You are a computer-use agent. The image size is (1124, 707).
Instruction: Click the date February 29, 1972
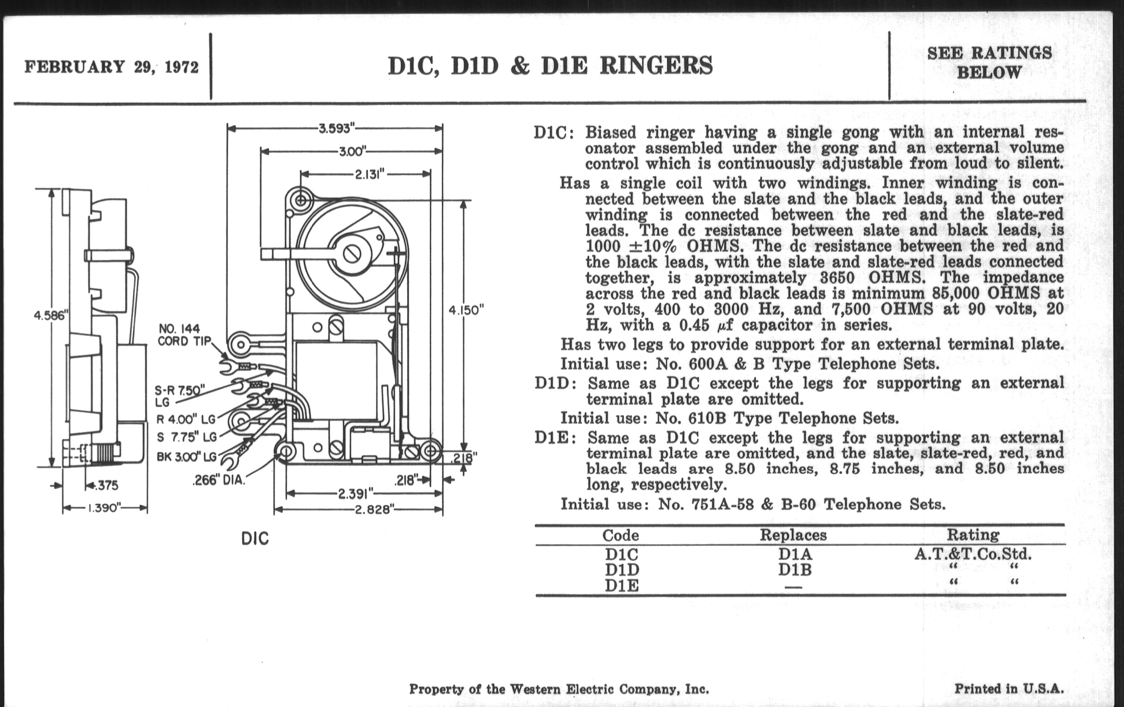(111, 67)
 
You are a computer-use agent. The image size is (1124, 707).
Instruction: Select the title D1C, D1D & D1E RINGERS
(550, 66)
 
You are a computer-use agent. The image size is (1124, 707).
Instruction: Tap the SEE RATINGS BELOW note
(989, 62)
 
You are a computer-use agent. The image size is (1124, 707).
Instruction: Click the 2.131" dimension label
(369, 174)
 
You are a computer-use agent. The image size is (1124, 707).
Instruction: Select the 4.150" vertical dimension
(466, 311)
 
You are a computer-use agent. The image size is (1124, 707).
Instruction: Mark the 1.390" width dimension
(103, 508)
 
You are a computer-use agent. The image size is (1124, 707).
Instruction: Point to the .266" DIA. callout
(219, 480)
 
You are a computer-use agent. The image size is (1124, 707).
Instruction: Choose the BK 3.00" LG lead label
(186, 457)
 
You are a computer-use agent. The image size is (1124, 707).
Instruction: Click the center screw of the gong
(351, 254)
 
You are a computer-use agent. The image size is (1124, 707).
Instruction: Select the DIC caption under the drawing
(255, 539)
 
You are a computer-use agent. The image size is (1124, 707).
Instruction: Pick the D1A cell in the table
(795, 555)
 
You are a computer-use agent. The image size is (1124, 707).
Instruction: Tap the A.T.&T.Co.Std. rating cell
(973, 555)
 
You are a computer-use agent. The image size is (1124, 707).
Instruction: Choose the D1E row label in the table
(621, 585)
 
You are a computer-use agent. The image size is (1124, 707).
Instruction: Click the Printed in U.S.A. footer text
(1009, 689)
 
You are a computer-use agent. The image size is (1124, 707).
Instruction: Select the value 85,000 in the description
(957, 293)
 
